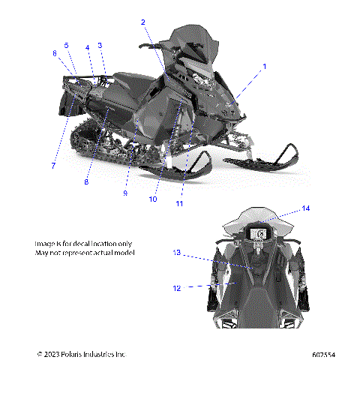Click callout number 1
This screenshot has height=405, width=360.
pyautogui.click(x=263, y=67)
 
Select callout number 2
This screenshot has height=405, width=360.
pyautogui.click(x=142, y=22)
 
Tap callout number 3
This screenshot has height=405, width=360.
pyautogui.click(x=100, y=46)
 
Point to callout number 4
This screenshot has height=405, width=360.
pyautogui.click(x=87, y=48)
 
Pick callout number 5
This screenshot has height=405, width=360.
pyautogui.click(x=66, y=46)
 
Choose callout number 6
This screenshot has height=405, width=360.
pyautogui.click(x=55, y=53)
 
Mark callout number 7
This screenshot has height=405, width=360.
pyautogui.click(x=52, y=165)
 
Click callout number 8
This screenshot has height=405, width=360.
pyautogui.click(x=86, y=181)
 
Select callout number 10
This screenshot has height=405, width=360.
pyautogui.click(x=152, y=199)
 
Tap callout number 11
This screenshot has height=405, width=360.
pyautogui.click(x=179, y=203)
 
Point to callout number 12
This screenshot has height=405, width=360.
pyautogui.click(x=177, y=287)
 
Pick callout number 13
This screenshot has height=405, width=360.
pyautogui.click(x=177, y=253)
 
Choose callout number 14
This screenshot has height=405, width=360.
pyautogui.click(x=306, y=208)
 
